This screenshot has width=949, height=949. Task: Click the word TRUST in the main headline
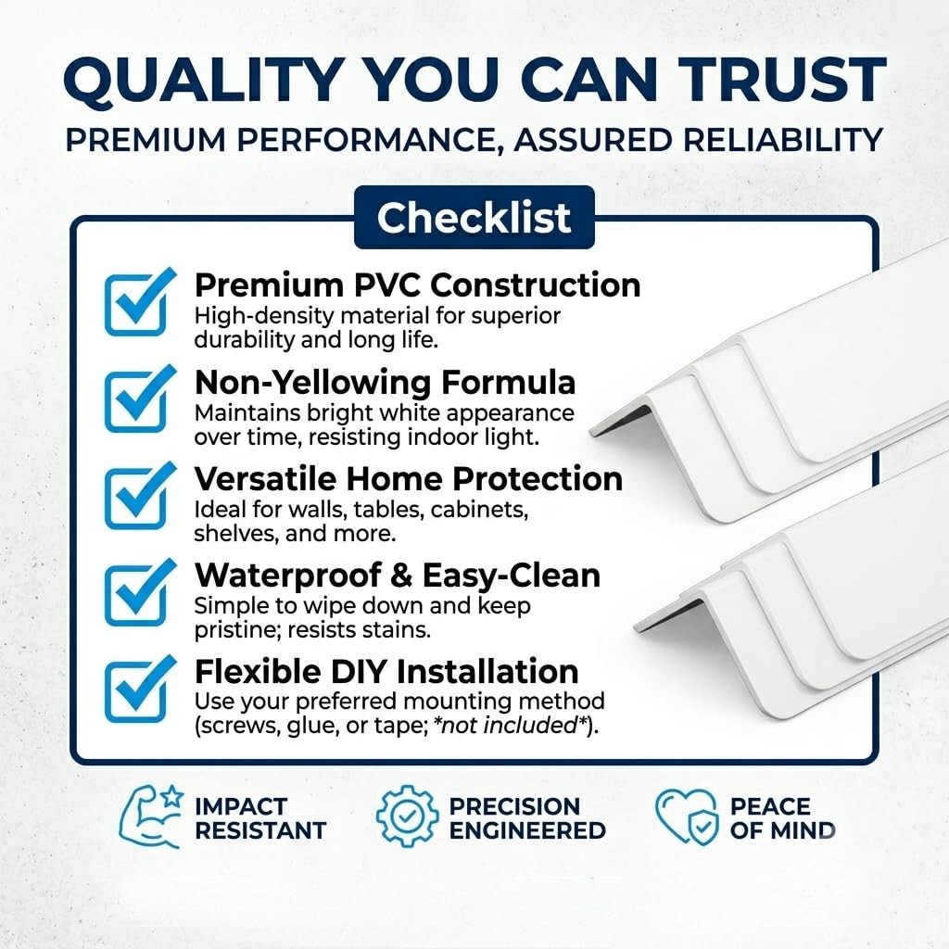pos(782,80)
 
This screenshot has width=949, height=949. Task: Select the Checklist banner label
pos(474,217)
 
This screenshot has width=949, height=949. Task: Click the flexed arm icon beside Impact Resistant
pos(150,816)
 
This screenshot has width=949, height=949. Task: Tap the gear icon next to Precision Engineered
pos(408,816)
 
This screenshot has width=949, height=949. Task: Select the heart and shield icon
pos(687,816)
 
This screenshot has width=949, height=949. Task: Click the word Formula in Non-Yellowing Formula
pos(509,383)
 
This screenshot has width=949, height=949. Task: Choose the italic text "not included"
pos(509,725)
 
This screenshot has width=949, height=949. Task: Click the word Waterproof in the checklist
pos(287,576)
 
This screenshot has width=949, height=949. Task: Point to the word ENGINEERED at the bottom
pos(527,830)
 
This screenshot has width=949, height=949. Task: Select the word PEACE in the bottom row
pos(770,807)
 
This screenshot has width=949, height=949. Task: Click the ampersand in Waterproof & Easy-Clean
pos(401,576)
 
